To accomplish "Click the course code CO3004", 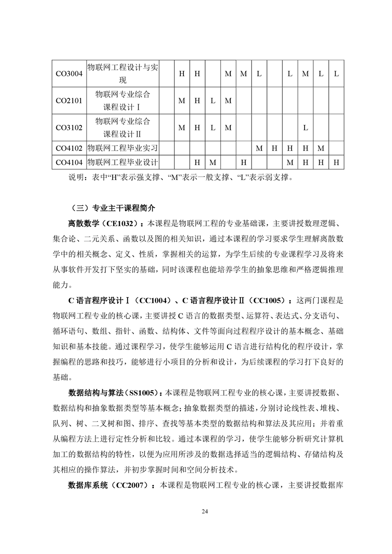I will (69, 74).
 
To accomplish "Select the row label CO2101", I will (69, 101).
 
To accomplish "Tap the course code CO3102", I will (69, 127).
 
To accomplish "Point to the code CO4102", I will (69, 148).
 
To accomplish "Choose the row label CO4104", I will (69, 162).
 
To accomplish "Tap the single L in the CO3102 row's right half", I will (305, 127).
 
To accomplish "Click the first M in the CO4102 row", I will (259, 148).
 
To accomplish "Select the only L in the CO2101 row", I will (213, 101).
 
